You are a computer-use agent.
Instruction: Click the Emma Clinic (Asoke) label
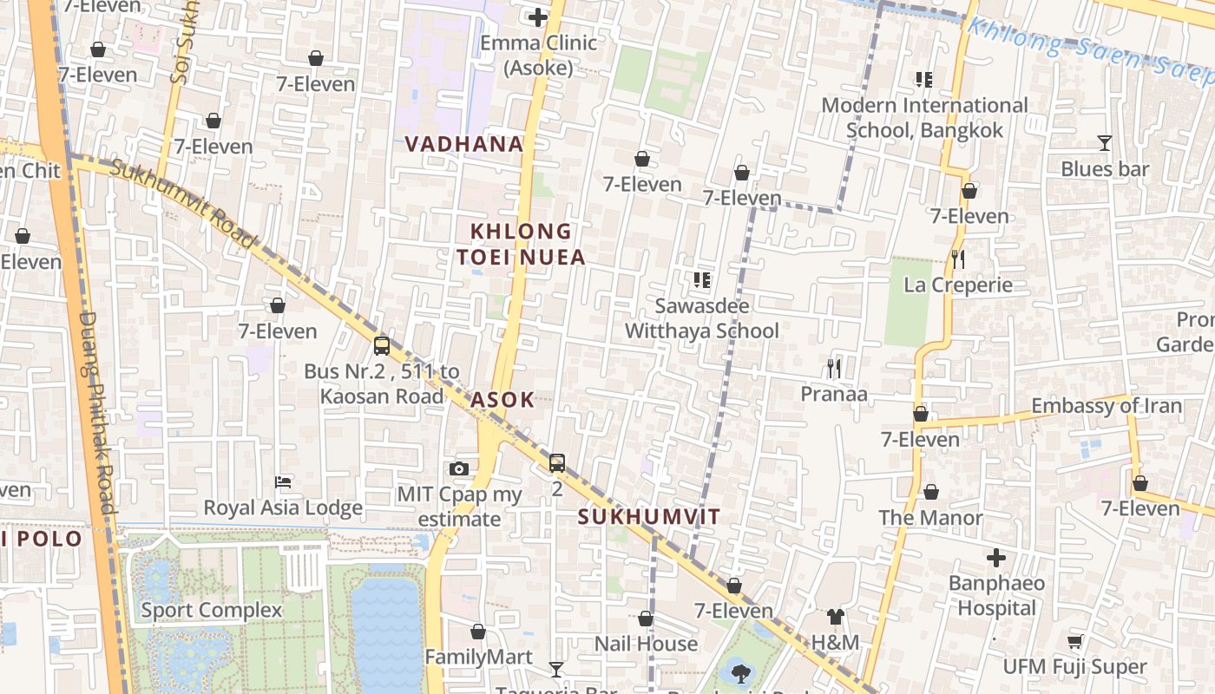click(x=538, y=55)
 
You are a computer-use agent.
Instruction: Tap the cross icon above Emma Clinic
click(x=538, y=16)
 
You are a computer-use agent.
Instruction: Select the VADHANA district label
click(x=464, y=144)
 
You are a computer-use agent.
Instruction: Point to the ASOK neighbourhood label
click(x=502, y=400)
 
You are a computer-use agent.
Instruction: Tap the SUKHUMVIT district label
click(x=649, y=517)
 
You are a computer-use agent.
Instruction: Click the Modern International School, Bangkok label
click(x=924, y=118)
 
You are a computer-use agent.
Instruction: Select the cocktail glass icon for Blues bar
click(x=1104, y=143)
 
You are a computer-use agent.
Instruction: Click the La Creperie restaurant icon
click(x=957, y=259)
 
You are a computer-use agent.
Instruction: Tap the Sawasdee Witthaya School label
click(x=702, y=318)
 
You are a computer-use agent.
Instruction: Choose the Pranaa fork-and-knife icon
click(x=834, y=369)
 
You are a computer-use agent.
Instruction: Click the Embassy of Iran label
click(x=1106, y=406)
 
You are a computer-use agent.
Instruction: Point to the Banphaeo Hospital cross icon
click(x=996, y=558)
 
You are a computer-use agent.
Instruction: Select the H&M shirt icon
click(x=835, y=617)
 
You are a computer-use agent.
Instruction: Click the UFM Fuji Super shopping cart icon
click(x=1074, y=642)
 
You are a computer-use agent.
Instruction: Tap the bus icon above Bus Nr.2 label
click(x=381, y=346)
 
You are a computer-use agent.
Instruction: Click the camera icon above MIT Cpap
click(x=459, y=469)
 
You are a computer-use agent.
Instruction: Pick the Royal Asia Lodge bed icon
click(x=283, y=481)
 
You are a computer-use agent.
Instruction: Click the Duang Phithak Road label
click(x=96, y=412)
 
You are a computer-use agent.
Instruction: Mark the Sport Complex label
click(x=212, y=610)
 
